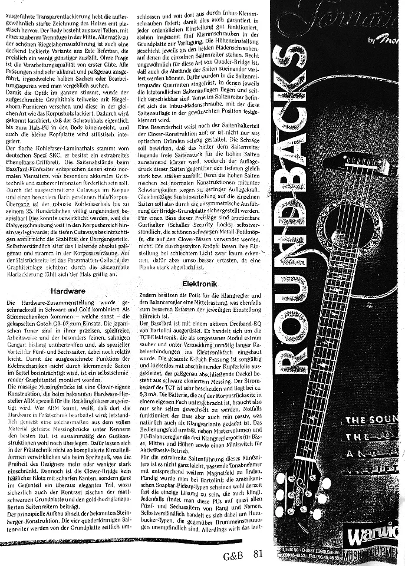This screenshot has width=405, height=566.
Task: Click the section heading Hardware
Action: click(69, 291)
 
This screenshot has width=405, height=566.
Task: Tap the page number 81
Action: click(258, 554)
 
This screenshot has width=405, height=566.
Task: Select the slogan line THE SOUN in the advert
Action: click(370, 420)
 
